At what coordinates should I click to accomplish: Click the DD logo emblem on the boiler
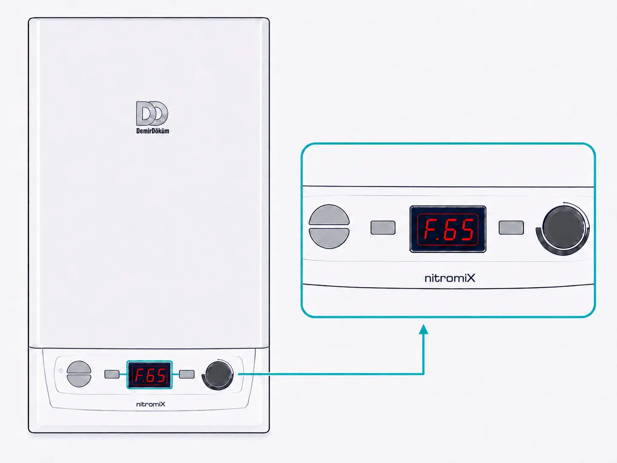(152, 113)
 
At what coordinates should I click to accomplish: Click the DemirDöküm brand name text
(153, 131)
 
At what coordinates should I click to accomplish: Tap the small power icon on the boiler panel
(61, 370)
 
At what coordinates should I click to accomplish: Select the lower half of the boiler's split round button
(79, 380)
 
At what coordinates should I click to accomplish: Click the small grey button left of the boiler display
(112, 374)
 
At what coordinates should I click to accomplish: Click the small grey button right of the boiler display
(187, 374)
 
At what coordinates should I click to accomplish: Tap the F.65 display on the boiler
(149, 375)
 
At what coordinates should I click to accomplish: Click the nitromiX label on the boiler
(151, 404)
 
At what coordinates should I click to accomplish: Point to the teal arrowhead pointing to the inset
(423, 330)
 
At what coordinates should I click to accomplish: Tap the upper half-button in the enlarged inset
(329, 215)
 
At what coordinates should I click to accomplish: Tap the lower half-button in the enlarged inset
(329, 238)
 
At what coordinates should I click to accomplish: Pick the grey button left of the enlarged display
(383, 227)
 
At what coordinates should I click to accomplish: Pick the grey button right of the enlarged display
(511, 227)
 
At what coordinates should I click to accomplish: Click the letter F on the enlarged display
(431, 229)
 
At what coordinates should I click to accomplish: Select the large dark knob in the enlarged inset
(563, 227)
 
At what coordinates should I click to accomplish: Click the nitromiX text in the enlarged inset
(450, 278)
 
